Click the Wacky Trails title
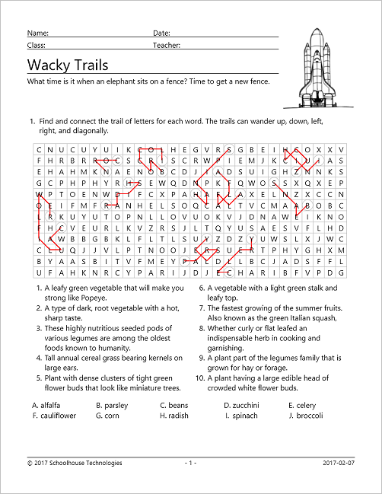pyautogui.click(x=68, y=65)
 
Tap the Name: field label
pyautogui.click(x=38, y=33)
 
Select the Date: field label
pyautogui.click(x=161, y=33)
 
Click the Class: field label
pyautogui.click(x=37, y=46)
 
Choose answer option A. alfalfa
pyautogui.click(x=47, y=406)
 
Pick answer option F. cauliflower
pyautogui.click(x=54, y=416)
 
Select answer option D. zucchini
pyautogui.click(x=242, y=406)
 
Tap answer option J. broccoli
pyautogui.click(x=306, y=416)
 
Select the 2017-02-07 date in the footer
pyautogui.click(x=339, y=462)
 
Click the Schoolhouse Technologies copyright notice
pyautogui.click(x=74, y=462)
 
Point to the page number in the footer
pyautogui.click(x=190, y=462)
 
